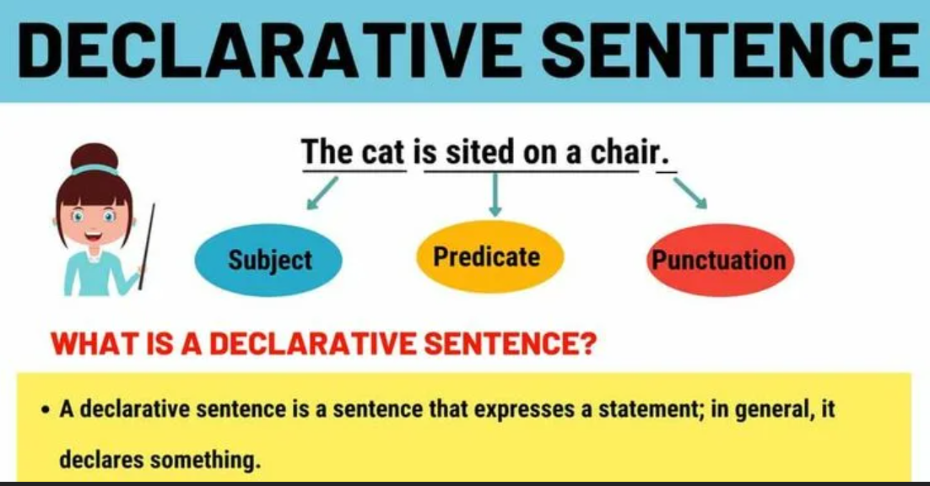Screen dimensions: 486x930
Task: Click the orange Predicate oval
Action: point(487,256)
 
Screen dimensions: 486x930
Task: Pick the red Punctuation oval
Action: point(718,259)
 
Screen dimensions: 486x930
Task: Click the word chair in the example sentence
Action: point(628,153)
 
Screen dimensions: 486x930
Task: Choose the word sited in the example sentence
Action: point(479,153)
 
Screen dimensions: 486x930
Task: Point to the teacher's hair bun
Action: point(95,157)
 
